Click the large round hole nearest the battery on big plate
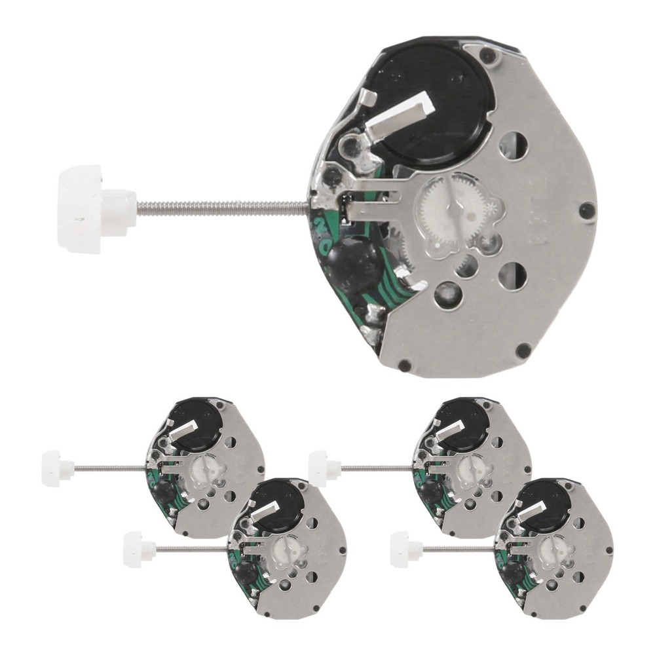514,145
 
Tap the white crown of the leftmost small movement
55,468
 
